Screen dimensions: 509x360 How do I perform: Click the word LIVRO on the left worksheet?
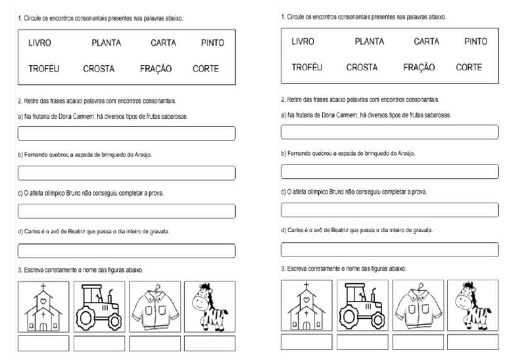pyautogui.click(x=40, y=43)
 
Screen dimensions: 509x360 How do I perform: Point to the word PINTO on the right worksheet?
pyautogui.click(x=476, y=42)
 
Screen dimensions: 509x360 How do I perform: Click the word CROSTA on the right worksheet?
pyautogui.click(x=362, y=67)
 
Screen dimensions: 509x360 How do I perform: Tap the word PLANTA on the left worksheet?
pyautogui.click(x=106, y=43)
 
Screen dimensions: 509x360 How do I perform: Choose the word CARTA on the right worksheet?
pyautogui.click(x=426, y=42)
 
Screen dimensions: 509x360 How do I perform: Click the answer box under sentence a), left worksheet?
pyautogui.click(x=126, y=133)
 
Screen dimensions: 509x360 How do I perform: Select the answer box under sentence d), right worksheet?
pyautogui.click(x=390, y=249)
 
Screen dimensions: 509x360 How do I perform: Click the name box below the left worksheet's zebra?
pyautogui.click(x=209, y=343)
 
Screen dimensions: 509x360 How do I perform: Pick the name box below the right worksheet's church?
pyautogui.click(x=306, y=342)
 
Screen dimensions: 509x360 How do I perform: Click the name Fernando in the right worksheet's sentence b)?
pyautogui.click(x=300, y=153)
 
